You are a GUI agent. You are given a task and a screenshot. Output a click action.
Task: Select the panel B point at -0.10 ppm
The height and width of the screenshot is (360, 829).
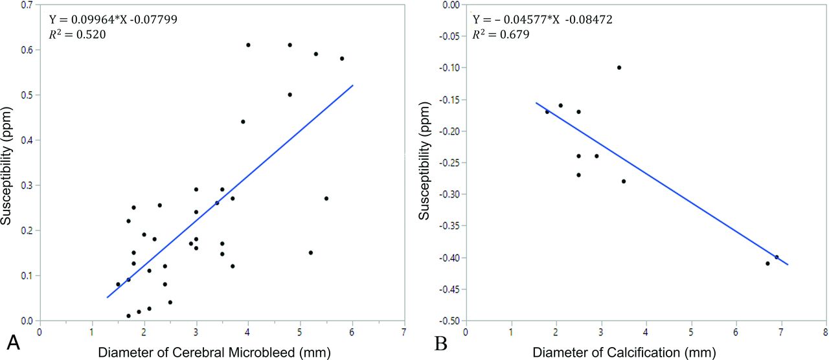pos(619,67)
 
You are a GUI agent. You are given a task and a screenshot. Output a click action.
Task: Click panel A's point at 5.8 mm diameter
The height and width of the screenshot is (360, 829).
pos(342,58)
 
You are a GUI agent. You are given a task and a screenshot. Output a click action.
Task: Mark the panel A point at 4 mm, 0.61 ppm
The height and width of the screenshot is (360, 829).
pos(248,45)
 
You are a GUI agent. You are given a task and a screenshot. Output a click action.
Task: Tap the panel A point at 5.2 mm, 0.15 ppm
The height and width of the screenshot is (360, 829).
pos(311,253)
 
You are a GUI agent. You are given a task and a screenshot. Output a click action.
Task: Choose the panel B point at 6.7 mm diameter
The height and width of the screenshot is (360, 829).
pos(767,264)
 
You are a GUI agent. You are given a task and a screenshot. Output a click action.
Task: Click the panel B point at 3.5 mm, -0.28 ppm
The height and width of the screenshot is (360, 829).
pos(624,181)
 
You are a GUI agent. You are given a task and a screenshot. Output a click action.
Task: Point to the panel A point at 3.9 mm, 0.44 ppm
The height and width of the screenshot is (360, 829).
pos(243,122)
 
